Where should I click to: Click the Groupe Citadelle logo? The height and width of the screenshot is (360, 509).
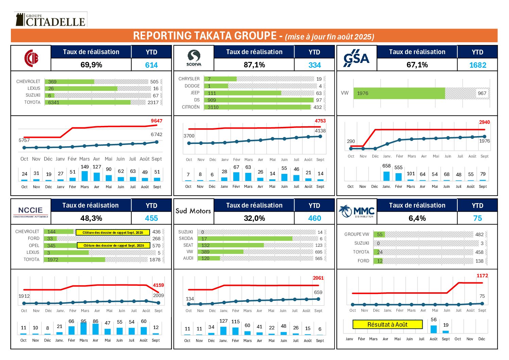click(50, 19)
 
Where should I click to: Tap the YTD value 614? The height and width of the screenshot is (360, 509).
click(151, 65)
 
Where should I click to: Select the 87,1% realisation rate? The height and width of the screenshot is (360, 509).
click(254, 65)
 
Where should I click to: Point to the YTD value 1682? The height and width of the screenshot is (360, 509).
click(477, 65)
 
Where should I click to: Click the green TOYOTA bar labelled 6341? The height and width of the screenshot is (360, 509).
click(88, 102)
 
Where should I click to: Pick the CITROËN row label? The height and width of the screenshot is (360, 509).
click(191, 107)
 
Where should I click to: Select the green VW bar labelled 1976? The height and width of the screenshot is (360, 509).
click(399, 93)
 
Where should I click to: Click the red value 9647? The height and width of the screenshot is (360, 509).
click(156, 121)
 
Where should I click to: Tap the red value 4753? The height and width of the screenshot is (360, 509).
click(320, 121)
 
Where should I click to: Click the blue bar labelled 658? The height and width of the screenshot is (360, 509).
click(387, 176)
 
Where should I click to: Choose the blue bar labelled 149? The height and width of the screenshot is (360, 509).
click(85, 176)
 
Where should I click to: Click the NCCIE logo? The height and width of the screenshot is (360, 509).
click(31, 211)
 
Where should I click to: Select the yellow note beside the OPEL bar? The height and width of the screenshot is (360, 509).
click(114, 245)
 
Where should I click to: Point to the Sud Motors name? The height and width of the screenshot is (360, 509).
click(193, 211)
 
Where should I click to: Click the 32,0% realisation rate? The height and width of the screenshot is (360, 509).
click(254, 218)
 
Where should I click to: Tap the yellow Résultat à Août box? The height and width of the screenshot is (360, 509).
click(387, 325)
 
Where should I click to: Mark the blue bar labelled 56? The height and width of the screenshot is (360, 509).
click(434, 329)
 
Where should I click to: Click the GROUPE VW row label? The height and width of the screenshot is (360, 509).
click(357, 234)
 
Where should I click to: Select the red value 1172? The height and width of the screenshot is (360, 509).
click(482, 276)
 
